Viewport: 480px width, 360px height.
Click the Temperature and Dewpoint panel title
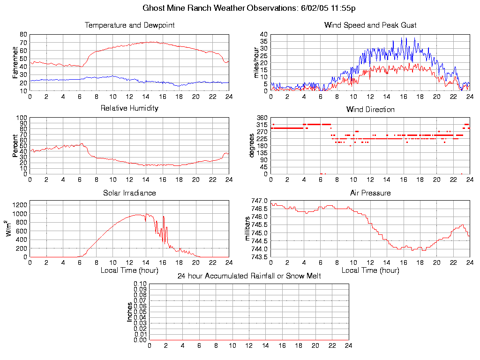point(129,25)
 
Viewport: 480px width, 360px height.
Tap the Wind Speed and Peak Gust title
point(370,25)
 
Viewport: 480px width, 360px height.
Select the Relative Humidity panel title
point(129,108)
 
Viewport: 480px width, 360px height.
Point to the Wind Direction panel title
point(370,110)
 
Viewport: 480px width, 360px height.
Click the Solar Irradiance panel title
point(129,193)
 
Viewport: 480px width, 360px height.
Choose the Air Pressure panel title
point(370,193)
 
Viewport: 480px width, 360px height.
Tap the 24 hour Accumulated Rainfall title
point(249,276)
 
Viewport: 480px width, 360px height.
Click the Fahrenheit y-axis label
point(15,62)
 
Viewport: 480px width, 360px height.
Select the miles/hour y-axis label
point(256,62)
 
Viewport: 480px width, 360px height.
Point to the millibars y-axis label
point(248,229)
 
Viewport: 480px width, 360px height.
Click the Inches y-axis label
point(130,312)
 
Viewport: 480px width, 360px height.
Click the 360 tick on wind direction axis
point(262,118)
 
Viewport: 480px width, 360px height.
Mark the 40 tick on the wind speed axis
point(264,35)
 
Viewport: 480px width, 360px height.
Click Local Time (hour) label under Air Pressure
point(370,270)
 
